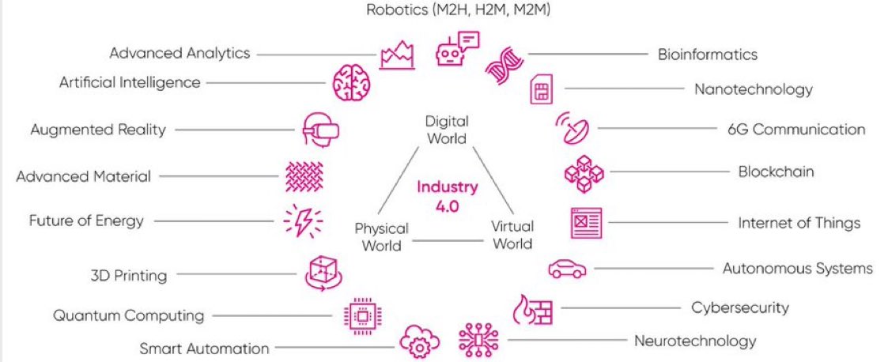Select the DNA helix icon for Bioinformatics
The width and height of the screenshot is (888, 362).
pyautogui.click(x=504, y=66)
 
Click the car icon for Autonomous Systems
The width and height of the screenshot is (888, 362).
pyautogui.click(x=567, y=270)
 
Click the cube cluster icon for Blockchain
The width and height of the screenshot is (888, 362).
pyautogui.click(x=584, y=174)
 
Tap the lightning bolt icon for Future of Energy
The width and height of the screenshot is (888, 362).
pyautogui.click(x=302, y=222)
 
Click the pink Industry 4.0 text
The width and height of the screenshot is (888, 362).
pyautogui.click(x=448, y=194)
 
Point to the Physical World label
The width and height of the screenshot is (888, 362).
pyautogui.click(x=381, y=236)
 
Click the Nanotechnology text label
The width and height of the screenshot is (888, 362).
pyautogui.click(x=753, y=89)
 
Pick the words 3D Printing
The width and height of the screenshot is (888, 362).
pyautogui.click(x=128, y=276)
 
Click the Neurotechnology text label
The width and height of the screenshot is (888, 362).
pyautogui.click(x=694, y=341)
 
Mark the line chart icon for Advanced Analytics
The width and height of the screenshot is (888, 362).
pyautogui.click(x=397, y=55)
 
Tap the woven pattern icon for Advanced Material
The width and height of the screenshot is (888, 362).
pyautogui.click(x=304, y=175)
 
